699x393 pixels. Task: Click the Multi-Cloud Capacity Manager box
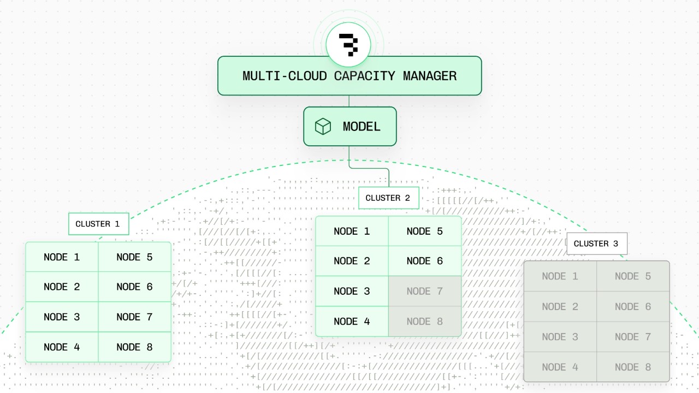coord(349,76)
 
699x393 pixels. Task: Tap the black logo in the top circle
coord(348,44)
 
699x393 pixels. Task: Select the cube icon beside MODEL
coord(323,127)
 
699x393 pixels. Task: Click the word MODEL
coord(362,127)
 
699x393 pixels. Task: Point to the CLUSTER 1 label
coord(98,224)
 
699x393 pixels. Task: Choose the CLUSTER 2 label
coord(388,198)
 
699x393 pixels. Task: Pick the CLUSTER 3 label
coord(596,243)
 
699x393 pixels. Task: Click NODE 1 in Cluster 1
coord(62,257)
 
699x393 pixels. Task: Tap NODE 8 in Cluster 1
coord(134,347)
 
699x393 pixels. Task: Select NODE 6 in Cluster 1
coord(134,287)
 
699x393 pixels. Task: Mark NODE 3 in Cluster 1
coord(62,317)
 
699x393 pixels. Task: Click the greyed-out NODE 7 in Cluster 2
coord(425,291)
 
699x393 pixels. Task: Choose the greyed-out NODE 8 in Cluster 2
coord(425,321)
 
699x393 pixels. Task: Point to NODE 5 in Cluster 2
coord(425,231)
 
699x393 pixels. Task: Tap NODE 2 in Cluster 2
coord(352,261)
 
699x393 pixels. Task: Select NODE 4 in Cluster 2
coord(352,321)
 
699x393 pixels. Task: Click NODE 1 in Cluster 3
coord(560,276)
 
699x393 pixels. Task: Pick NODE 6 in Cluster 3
coord(633,307)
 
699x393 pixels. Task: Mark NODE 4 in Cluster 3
coord(560,367)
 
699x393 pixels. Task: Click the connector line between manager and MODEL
coord(349,101)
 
